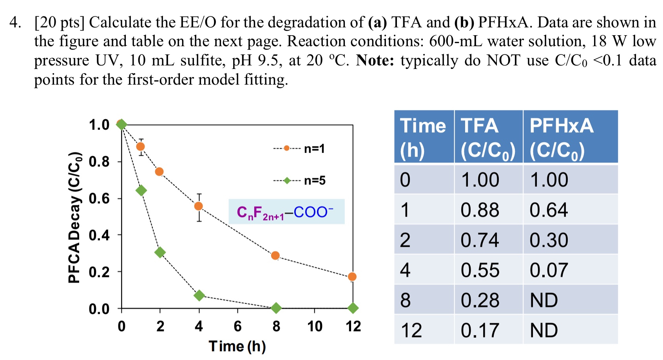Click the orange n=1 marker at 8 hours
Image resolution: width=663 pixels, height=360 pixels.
275,256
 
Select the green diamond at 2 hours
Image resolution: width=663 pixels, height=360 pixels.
159,252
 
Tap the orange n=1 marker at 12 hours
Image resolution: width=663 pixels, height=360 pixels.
352,277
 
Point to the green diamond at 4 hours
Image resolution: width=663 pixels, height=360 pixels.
199,295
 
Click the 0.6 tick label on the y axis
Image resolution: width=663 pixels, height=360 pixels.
99,199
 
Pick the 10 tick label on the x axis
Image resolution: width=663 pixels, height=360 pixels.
315,326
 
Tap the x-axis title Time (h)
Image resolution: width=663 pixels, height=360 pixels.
237,346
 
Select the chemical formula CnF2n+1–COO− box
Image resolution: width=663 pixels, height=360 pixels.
286,212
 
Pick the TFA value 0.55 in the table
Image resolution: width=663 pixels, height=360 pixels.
480,270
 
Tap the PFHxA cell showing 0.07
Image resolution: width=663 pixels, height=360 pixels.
549,270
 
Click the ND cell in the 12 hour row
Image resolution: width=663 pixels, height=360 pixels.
544,330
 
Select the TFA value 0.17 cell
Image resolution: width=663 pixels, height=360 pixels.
480,330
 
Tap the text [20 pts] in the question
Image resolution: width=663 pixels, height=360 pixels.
59,22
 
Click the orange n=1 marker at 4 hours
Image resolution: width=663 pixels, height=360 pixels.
199,206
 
